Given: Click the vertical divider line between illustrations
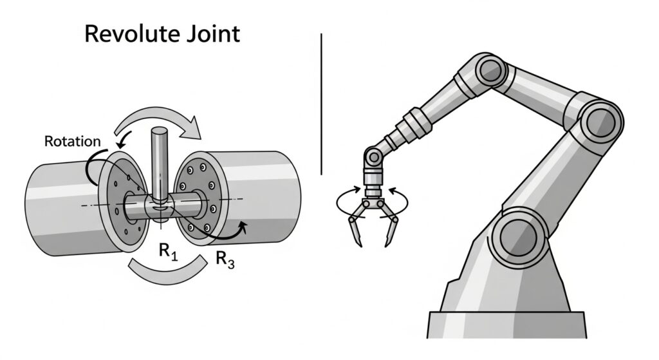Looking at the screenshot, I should point(320,103).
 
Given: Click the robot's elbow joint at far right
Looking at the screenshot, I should point(604,120).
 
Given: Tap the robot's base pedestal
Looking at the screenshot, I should point(508,322).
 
